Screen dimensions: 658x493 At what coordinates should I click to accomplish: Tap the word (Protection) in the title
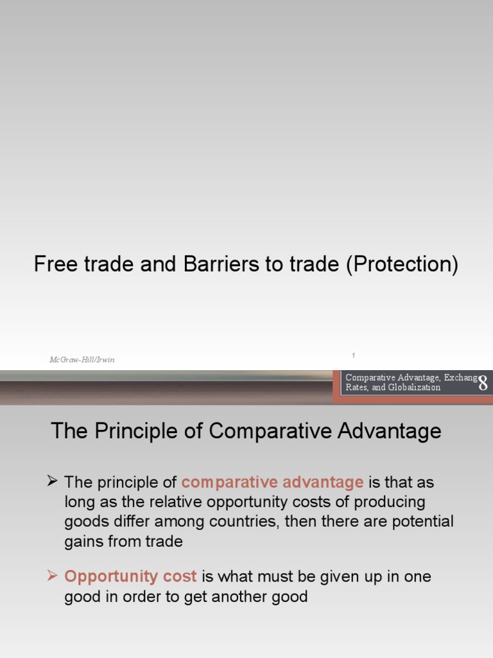(402, 264)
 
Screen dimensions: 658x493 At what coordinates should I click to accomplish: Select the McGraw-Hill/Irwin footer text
(82, 360)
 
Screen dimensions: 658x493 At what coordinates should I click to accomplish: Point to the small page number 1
(353, 355)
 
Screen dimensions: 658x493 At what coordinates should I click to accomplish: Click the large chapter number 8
(483, 384)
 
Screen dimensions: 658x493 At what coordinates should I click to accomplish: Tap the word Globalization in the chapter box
(415, 387)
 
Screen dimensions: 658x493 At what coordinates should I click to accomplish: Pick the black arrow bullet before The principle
(53, 481)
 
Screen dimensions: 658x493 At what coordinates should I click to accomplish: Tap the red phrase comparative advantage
(272, 482)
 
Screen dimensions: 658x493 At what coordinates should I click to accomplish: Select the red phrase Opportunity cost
(130, 576)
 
